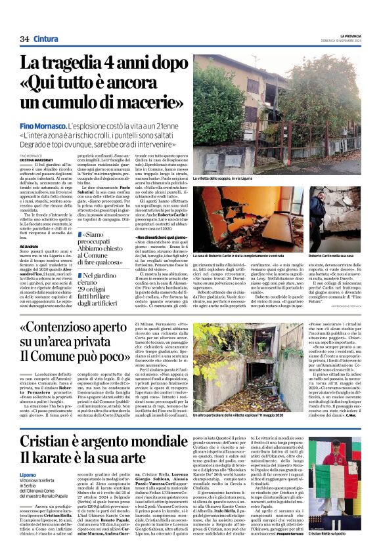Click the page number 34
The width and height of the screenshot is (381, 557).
(24, 39)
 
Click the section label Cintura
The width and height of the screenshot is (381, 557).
(45, 39)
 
